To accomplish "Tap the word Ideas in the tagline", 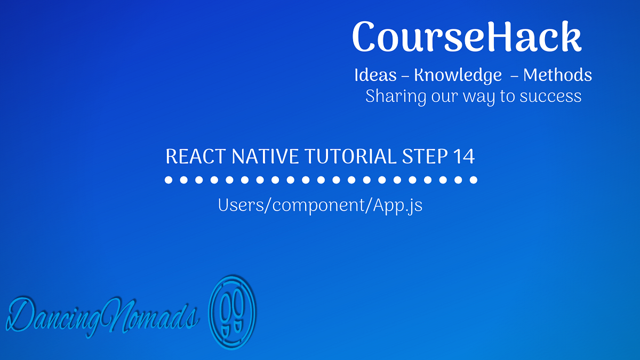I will click(375, 75).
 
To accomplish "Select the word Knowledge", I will click(458, 76).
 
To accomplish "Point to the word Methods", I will click(557, 75).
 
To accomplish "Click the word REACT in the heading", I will click(196, 157).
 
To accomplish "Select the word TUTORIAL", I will click(349, 157).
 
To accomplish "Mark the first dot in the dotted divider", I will click(169, 180).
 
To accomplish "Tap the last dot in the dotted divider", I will click(473, 180).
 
